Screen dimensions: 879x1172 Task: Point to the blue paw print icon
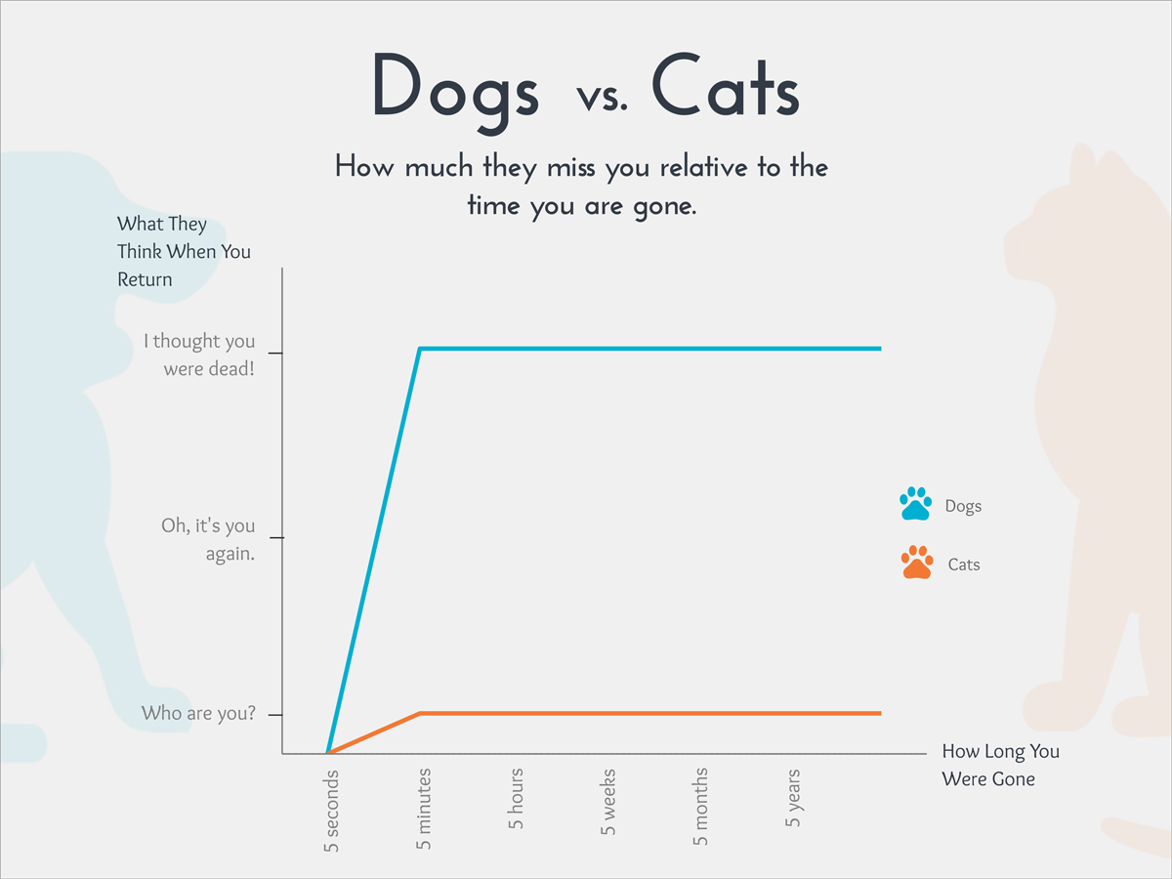pyautogui.click(x=916, y=504)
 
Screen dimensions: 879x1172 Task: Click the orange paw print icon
pyautogui.click(x=917, y=563)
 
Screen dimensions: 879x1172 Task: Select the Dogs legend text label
pyautogui.click(x=963, y=506)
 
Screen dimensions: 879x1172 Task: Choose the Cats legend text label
pyautogui.click(x=963, y=565)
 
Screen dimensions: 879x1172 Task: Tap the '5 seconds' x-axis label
pyautogui.click(x=331, y=812)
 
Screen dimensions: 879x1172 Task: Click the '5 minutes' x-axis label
pyautogui.click(x=423, y=809)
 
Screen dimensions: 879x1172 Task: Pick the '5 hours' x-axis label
pyautogui.click(x=516, y=799)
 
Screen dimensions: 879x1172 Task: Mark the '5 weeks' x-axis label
pyautogui.click(x=608, y=802)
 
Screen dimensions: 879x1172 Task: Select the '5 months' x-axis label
pyautogui.click(x=700, y=807)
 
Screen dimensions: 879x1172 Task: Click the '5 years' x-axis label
pyautogui.click(x=793, y=798)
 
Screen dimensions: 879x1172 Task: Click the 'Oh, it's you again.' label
pyautogui.click(x=207, y=539)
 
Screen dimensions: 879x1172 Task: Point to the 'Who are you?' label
pyautogui.click(x=198, y=713)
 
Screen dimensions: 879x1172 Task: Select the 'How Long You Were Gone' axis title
pyautogui.click(x=999, y=765)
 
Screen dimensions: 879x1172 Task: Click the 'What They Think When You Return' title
pyautogui.click(x=184, y=252)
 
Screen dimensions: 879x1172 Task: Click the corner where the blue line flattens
pyautogui.click(x=420, y=349)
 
